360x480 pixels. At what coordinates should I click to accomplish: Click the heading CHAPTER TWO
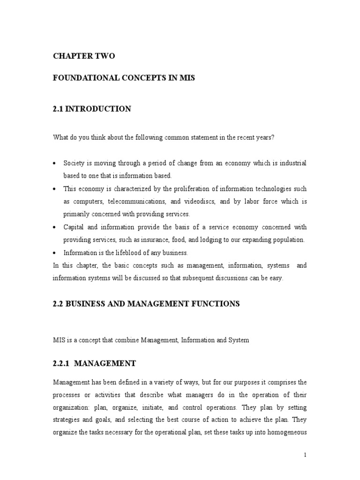tap(83, 56)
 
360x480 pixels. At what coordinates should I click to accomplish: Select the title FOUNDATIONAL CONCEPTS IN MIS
tap(123, 78)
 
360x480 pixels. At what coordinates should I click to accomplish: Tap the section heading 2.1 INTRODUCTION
tap(91, 109)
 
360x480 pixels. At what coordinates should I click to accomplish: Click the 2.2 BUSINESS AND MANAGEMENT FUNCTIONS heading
tap(146, 304)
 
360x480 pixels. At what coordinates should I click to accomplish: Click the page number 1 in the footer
tap(305, 455)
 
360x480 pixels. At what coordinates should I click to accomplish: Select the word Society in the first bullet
tap(74, 163)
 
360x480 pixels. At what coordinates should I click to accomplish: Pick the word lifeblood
tap(121, 253)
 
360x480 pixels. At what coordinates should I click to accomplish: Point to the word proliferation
tap(204, 188)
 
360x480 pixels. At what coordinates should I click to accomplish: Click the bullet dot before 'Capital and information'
tap(55, 227)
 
